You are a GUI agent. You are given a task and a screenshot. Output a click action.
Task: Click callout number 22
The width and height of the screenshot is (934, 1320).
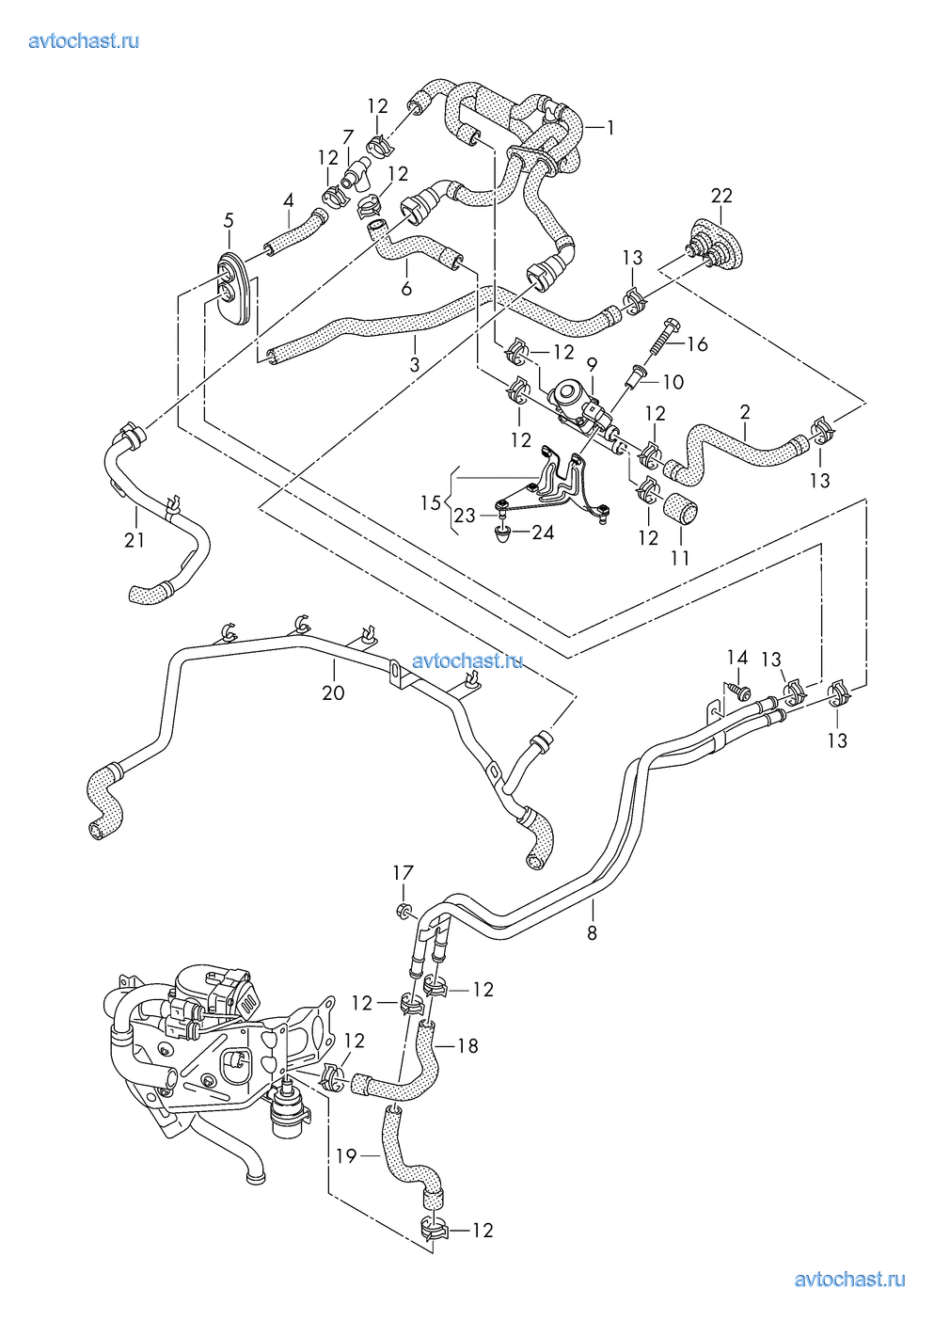tap(721, 196)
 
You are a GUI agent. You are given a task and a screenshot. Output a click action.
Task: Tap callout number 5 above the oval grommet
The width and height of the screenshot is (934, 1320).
tap(229, 221)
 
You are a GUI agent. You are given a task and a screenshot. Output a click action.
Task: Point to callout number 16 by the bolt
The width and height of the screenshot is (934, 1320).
tap(697, 344)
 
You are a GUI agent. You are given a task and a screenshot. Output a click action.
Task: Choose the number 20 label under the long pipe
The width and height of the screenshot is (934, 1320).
tap(333, 693)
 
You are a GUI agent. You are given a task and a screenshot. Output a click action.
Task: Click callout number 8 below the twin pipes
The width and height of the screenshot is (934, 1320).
tap(592, 933)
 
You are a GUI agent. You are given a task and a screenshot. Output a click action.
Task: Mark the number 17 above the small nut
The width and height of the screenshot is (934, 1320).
tap(403, 873)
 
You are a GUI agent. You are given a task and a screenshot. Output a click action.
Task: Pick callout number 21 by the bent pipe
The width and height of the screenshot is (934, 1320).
tap(135, 540)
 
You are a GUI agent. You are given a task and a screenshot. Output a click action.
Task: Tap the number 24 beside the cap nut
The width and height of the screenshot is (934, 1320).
tap(542, 533)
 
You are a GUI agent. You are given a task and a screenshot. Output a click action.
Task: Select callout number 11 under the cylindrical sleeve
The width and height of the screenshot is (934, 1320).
tap(680, 558)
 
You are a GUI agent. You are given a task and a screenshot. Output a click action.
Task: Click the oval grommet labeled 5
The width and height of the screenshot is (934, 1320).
tap(231, 287)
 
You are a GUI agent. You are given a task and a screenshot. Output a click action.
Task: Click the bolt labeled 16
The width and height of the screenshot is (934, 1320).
tap(661, 338)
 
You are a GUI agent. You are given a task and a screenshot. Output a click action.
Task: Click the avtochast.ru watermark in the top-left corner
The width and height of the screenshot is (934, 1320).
tap(85, 40)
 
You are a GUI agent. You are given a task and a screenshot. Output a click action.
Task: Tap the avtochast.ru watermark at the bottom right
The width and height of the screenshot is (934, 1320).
tap(850, 1279)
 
